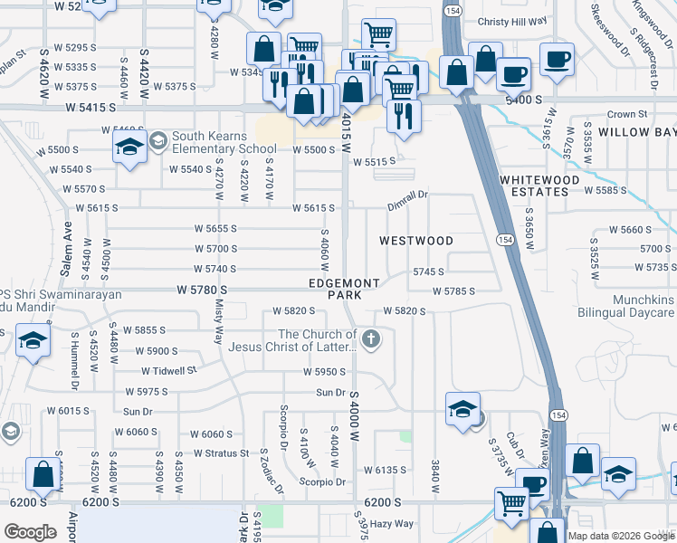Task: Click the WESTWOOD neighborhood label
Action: tap(415, 241)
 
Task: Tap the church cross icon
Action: tap(369, 339)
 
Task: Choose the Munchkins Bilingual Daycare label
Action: tap(631, 306)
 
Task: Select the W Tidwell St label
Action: tap(168, 371)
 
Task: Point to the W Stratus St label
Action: tap(221, 452)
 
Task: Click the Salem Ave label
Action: tap(67, 240)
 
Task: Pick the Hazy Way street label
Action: tap(391, 523)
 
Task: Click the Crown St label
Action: tap(627, 114)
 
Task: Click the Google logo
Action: tap(30, 532)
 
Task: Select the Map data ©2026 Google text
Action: tap(620, 536)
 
